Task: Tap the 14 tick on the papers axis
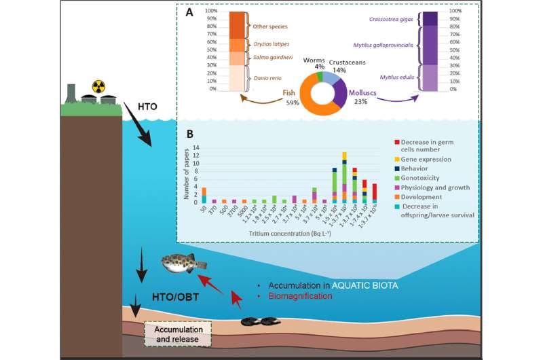(x=197, y=147)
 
